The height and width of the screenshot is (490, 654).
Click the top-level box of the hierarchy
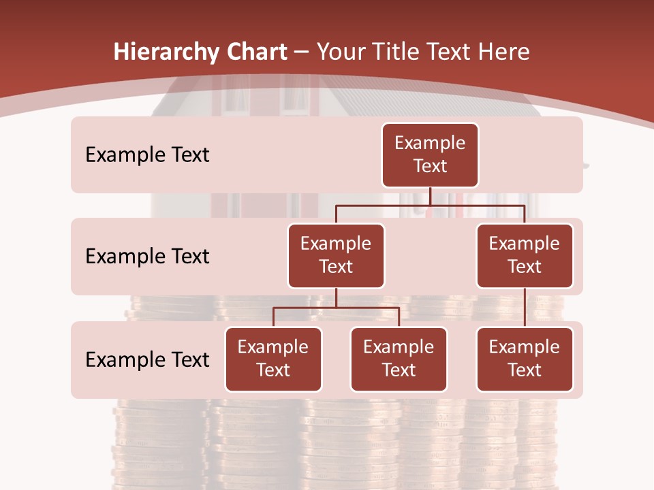coord(430,154)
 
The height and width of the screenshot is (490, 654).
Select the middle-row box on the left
coord(336,255)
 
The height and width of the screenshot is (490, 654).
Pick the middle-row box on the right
coord(525,255)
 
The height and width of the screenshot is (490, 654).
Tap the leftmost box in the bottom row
coord(273,359)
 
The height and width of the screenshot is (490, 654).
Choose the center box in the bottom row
coord(399,359)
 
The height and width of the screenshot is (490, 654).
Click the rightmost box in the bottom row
coord(525,359)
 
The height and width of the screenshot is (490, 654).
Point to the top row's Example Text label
coord(147,155)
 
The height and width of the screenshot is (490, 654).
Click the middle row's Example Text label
coord(147,257)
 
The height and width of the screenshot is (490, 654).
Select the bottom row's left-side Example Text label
coord(147,359)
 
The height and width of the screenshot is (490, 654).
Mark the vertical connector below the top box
coord(430,196)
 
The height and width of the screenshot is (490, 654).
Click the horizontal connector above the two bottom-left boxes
coord(336,308)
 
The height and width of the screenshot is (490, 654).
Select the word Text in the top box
coord(430,166)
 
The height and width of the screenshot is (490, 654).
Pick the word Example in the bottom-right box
coord(525,347)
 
